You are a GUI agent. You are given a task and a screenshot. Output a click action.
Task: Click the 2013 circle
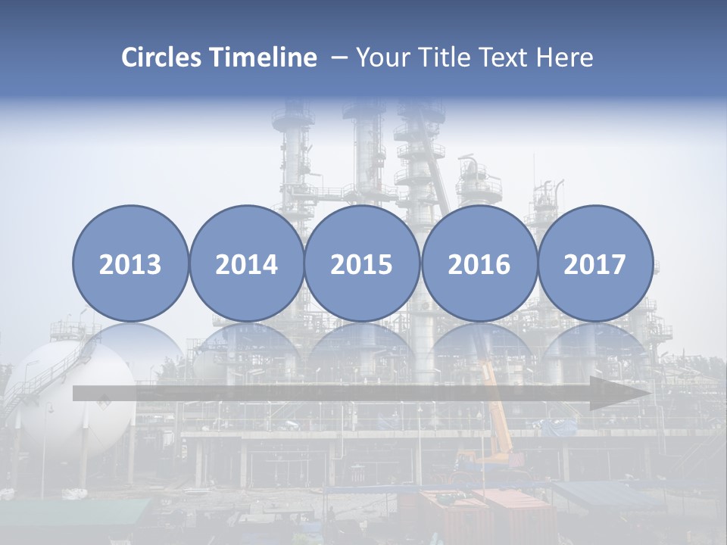point(130,263)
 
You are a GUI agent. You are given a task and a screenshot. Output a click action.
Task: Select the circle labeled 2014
point(246,263)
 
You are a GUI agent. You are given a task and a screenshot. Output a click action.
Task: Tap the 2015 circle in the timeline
point(362,263)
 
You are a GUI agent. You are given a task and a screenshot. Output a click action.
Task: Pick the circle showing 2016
point(479,263)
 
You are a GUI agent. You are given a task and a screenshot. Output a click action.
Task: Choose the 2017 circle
point(594,263)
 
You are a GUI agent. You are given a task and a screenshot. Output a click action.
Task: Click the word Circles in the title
point(162,58)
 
